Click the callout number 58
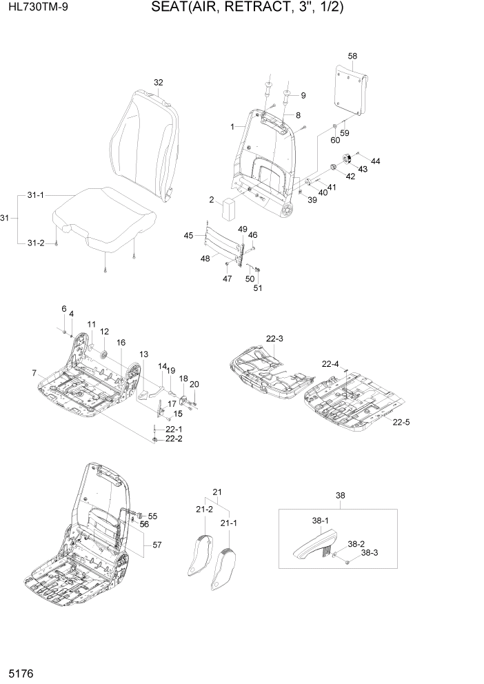(x=352, y=55)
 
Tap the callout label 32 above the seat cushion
(x=158, y=82)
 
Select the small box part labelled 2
(x=229, y=205)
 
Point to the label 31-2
(x=35, y=243)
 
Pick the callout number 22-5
(x=402, y=421)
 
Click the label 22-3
(x=274, y=338)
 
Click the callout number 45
(x=188, y=236)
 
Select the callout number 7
(x=34, y=373)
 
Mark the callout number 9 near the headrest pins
(x=302, y=94)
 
